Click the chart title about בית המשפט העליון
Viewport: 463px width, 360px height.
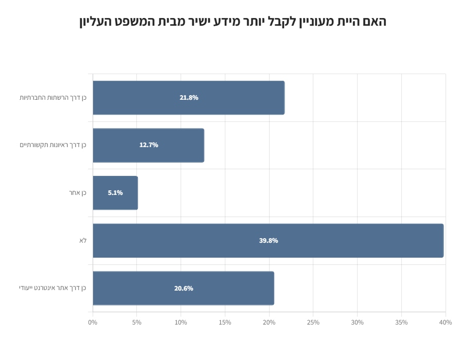233,22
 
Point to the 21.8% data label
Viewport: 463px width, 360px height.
189,98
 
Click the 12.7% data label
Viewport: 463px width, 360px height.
149,145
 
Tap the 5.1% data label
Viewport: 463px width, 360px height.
115,193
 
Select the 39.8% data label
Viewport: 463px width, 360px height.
269,241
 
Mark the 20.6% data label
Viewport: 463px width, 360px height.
184,289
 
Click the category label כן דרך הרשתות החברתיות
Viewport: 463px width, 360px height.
53,98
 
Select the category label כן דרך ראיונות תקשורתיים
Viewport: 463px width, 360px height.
53,145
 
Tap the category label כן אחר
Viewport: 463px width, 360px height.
78,193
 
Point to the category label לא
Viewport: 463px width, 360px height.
83,241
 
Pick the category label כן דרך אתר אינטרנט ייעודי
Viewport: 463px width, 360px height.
52,288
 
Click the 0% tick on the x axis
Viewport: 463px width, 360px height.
93,322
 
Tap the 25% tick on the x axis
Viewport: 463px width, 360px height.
313,322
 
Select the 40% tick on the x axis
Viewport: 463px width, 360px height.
446,322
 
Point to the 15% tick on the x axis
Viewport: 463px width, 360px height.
225,322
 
